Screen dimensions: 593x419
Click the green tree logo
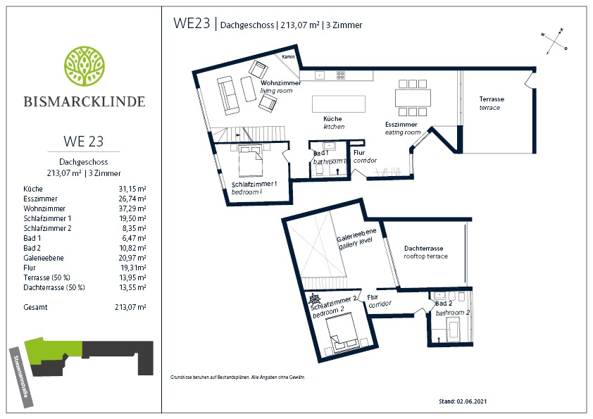(x=85, y=66)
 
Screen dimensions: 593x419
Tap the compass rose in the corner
(x=554, y=42)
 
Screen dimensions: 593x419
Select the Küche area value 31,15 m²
(x=132, y=189)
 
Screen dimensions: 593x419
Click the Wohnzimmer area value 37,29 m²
(x=132, y=208)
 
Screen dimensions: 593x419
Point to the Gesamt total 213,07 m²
(x=130, y=307)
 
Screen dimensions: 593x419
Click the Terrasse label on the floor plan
(x=492, y=99)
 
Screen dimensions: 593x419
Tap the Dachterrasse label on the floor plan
(x=423, y=249)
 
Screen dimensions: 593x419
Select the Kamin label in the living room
(x=288, y=57)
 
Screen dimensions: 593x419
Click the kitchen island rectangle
(x=339, y=104)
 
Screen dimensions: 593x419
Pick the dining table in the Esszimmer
(x=413, y=98)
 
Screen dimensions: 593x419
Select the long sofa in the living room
(x=228, y=95)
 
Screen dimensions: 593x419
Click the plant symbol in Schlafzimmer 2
(x=314, y=299)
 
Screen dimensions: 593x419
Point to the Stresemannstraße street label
(x=21, y=377)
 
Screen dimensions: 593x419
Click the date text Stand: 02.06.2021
(x=463, y=401)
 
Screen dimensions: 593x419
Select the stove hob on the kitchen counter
(x=341, y=75)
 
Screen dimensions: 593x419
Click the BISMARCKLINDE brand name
(x=85, y=101)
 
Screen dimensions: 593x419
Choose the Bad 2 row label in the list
(x=32, y=248)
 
